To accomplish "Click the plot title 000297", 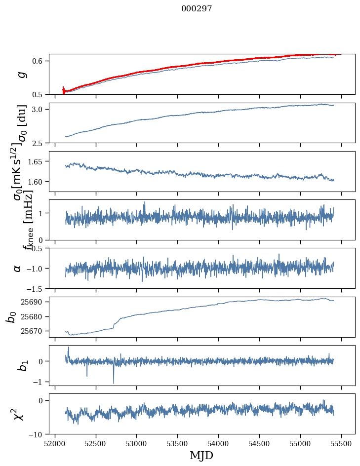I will [x=197, y=9].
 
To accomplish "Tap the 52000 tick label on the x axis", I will [x=55, y=444].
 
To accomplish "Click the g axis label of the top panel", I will [x=20, y=75].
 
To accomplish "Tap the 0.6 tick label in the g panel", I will [x=39, y=61].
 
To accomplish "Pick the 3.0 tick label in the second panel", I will [x=39, y=109].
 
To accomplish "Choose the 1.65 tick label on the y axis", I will [x=37, y=161].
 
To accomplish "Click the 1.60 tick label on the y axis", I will [x=37, y=182].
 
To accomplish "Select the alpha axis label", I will [x=18, y=268].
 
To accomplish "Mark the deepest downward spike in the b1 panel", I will [x=114, y=383].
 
